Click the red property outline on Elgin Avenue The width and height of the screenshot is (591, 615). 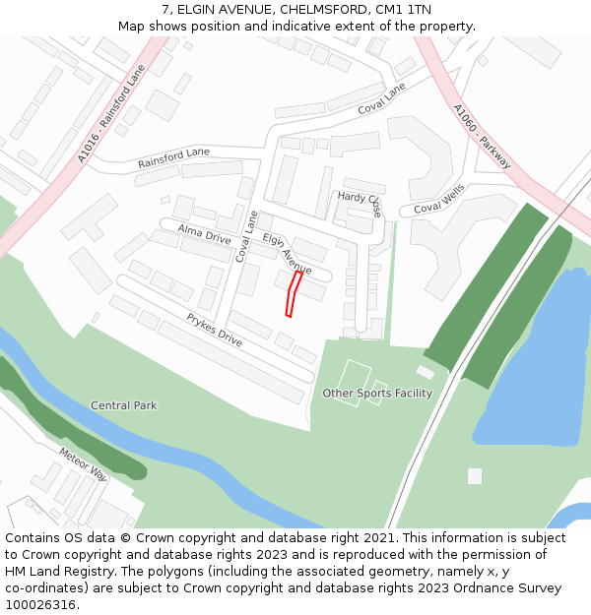point(292,294)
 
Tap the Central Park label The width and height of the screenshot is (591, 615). point(123,405)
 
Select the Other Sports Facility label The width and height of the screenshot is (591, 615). point(377,394)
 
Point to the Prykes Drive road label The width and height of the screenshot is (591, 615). point(215,330)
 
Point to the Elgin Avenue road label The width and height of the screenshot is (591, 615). point(287,254)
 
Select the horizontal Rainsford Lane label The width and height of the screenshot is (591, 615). point(173,157)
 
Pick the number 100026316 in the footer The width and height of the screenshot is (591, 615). point(40,605)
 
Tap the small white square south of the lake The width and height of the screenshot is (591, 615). point(475,476)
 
